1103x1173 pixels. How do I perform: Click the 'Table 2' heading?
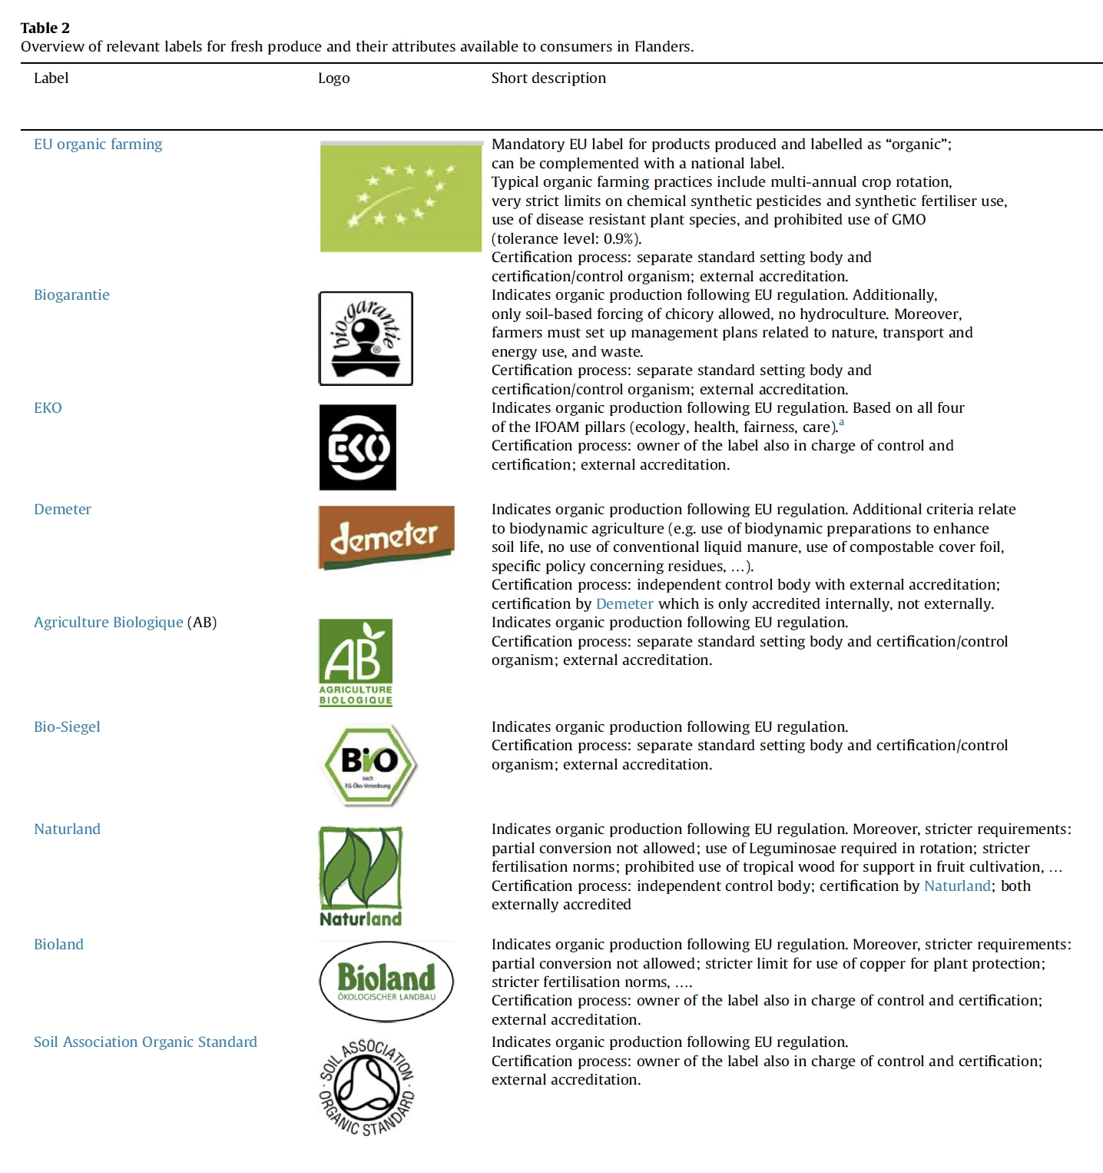45,28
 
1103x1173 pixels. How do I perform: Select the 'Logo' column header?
333,78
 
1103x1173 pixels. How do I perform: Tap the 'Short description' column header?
548,78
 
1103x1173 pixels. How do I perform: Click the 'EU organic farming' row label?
98,144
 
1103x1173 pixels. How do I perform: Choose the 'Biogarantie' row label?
71,294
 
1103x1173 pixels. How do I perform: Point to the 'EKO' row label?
48,407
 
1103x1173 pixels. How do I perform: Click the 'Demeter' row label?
62,509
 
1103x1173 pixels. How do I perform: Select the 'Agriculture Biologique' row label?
108,622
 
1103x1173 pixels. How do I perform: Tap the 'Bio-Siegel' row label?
67,726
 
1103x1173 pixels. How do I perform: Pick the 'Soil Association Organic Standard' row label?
145,1042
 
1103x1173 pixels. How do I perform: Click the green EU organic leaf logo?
400,198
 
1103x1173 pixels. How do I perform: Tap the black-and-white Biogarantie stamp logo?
366,338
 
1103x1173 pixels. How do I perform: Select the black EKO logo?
358,447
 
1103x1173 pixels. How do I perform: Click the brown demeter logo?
386,537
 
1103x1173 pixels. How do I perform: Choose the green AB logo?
356,662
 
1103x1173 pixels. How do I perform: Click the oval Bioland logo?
386,982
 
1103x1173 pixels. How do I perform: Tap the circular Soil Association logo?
367,1087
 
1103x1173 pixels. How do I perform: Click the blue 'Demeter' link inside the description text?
624,603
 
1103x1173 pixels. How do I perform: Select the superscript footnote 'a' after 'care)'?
841,422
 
